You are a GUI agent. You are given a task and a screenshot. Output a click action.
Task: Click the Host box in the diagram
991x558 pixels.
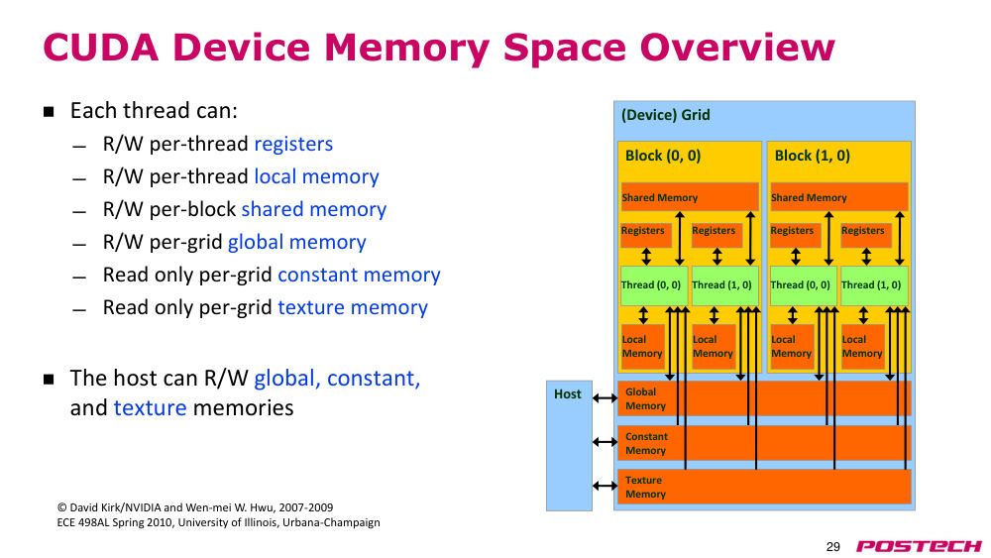[x=569, y=446]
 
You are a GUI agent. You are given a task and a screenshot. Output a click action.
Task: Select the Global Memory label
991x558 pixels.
[x=645, y=398]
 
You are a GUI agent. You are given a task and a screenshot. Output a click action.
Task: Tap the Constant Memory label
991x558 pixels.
[x=646, y=444]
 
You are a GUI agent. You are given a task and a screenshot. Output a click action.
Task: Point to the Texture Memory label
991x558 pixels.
[x=645, y=488]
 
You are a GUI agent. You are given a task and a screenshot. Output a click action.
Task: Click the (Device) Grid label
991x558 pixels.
[x=666, y=115]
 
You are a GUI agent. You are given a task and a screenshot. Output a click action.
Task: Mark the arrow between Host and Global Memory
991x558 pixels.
[x=605, y=398]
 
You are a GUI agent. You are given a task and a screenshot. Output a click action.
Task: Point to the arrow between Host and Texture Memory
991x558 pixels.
[x=605, y=486]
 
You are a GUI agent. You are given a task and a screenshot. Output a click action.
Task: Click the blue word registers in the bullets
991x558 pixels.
[x=293, y=145]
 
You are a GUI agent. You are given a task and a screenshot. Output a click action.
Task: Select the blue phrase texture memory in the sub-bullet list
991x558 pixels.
[x=353, y=308]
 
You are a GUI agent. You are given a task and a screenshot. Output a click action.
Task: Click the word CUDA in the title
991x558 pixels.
[x=100, y=48]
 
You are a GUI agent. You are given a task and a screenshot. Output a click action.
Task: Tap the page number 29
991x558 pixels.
[x=833, y=547]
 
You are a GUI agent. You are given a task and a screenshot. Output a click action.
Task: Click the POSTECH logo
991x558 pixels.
[x=919, y=546]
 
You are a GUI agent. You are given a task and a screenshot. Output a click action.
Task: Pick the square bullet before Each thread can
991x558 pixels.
[x=49, y=112]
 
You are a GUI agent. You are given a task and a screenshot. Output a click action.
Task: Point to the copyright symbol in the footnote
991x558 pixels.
[x=61, y=507]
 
